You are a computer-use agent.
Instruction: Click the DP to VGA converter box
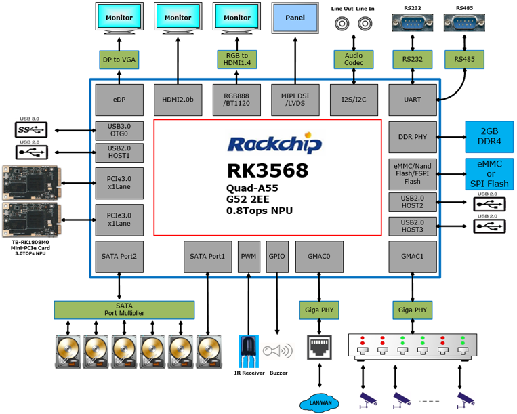point(119,60)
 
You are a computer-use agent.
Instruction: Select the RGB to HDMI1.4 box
point(236,60)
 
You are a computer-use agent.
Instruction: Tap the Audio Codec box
point(354,60)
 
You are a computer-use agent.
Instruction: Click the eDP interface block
point(119,100)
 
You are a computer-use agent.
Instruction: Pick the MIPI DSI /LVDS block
point(295,100)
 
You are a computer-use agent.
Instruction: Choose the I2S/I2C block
point(354,100)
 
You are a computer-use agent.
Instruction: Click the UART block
point(412,100)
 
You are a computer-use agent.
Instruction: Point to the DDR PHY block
point(412,138)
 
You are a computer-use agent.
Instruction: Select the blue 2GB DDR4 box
point(489,137)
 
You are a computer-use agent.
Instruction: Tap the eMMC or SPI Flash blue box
point(489,175)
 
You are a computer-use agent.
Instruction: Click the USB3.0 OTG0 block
point(119,130)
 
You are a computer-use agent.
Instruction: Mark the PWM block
point(249,256)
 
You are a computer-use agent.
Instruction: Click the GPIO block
point(277,256)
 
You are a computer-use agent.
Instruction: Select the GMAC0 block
point(319,256)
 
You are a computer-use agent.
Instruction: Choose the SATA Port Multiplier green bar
point(124,310)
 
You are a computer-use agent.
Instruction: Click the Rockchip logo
point(274,144)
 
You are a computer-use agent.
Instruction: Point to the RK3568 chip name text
point(268,171)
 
